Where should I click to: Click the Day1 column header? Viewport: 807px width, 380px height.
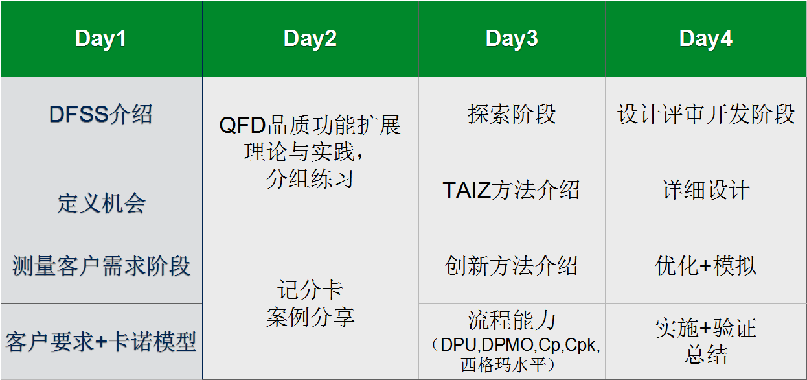101,39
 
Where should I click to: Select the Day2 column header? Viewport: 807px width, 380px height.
310,39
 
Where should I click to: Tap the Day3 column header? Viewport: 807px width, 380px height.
512,39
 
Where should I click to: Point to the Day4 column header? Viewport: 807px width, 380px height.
706,39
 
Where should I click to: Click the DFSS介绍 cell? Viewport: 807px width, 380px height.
101,114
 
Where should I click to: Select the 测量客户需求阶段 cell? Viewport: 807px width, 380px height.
101,266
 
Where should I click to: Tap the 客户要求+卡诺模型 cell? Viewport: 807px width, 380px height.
101,342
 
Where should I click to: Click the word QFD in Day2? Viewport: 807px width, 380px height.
242,125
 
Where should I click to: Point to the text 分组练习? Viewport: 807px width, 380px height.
310,178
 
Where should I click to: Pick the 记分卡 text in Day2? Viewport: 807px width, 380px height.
310,290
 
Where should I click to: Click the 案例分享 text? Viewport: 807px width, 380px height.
310,317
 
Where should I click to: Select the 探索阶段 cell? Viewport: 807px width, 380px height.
512,114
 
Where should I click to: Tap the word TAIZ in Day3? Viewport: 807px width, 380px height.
466,190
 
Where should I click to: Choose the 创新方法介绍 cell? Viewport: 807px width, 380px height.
512,266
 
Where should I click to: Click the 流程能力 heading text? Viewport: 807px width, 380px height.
512,320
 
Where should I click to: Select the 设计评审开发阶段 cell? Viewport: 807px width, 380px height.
706,114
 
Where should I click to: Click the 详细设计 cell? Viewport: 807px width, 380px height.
706,190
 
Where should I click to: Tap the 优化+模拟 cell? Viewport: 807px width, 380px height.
705,266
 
